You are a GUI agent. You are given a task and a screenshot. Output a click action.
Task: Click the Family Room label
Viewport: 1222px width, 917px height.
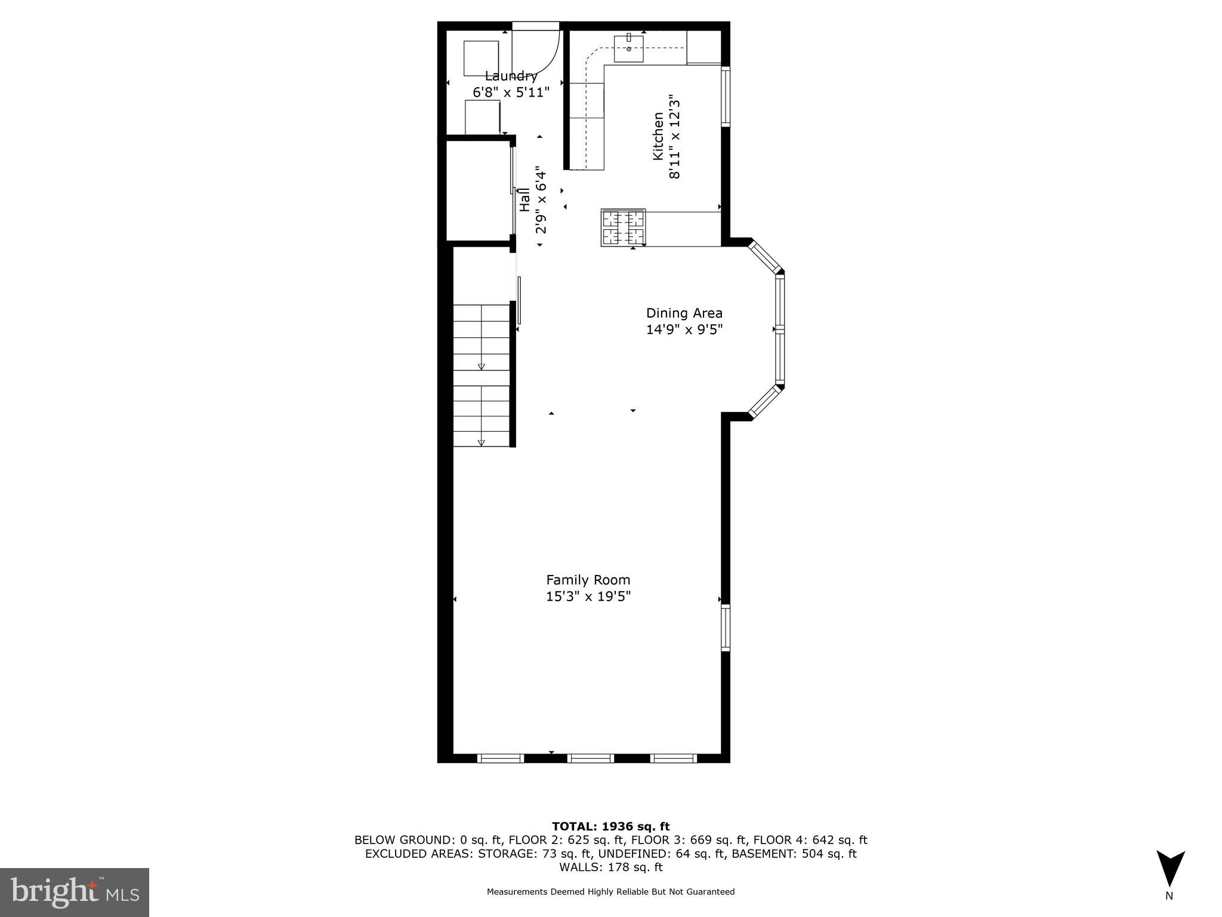(x=588, y=580)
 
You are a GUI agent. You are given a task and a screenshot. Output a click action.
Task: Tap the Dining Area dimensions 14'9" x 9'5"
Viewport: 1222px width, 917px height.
(x=684, y=330)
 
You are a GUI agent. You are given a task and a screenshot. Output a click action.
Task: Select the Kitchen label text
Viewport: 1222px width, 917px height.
(x=658, y=136)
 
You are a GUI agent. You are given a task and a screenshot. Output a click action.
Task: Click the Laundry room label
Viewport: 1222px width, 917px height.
(x=511, y=76)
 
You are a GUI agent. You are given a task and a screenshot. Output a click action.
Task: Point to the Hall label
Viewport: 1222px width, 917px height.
(x=524, y=200)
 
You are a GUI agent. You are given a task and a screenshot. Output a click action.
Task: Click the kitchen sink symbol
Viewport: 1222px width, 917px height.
(x=629, y=48)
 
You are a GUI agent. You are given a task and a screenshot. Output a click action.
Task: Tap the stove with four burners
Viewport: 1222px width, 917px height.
(x=623, y=227)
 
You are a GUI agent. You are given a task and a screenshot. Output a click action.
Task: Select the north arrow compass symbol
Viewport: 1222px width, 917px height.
(x=1170, y=869)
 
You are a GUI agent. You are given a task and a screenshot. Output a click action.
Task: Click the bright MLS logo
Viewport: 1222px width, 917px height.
(x=75, y=892)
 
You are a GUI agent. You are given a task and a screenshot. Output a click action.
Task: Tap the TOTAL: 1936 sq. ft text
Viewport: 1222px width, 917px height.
(x=610, y=826)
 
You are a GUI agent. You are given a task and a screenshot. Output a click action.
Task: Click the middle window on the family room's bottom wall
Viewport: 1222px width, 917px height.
(x=590, y=758)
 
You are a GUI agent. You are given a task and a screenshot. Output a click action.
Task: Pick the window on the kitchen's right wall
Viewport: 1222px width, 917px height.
(x=726, y=96)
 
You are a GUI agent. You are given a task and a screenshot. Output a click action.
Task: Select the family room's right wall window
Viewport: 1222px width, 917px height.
(x=726, y=627)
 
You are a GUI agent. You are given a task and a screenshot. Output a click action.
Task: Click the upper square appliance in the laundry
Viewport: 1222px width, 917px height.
(x=481, y=58)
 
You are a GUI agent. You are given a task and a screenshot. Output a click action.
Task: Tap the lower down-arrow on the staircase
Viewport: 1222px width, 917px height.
(x=481, y=442)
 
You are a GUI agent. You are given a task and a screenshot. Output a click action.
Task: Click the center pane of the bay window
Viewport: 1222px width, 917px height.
(x=779, y=329)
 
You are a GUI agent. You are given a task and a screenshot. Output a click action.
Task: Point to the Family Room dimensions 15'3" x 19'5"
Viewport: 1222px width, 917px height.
(x=588, y=596)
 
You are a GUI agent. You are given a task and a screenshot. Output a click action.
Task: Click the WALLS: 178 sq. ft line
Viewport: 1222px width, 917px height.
(x=610, y=867)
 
